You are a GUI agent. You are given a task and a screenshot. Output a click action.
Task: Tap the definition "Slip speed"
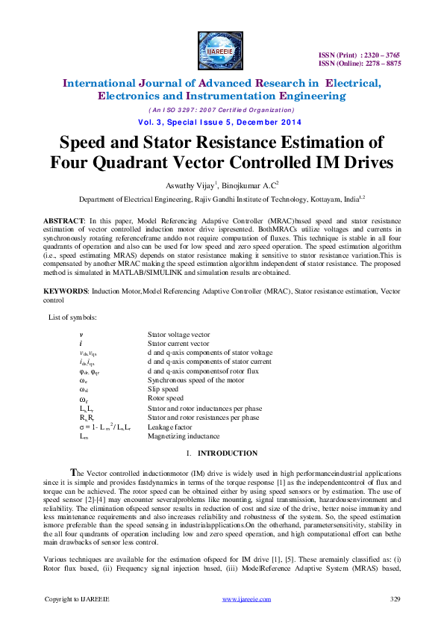[163, 389]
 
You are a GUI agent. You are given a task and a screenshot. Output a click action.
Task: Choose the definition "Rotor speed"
[165, 399]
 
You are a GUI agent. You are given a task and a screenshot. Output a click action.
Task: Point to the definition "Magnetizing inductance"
[184, 436]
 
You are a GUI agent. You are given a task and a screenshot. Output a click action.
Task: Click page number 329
[396, 599]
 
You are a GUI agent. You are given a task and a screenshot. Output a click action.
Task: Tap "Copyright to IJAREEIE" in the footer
[77, 599]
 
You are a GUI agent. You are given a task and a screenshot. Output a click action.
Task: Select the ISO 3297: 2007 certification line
[221, 109]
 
